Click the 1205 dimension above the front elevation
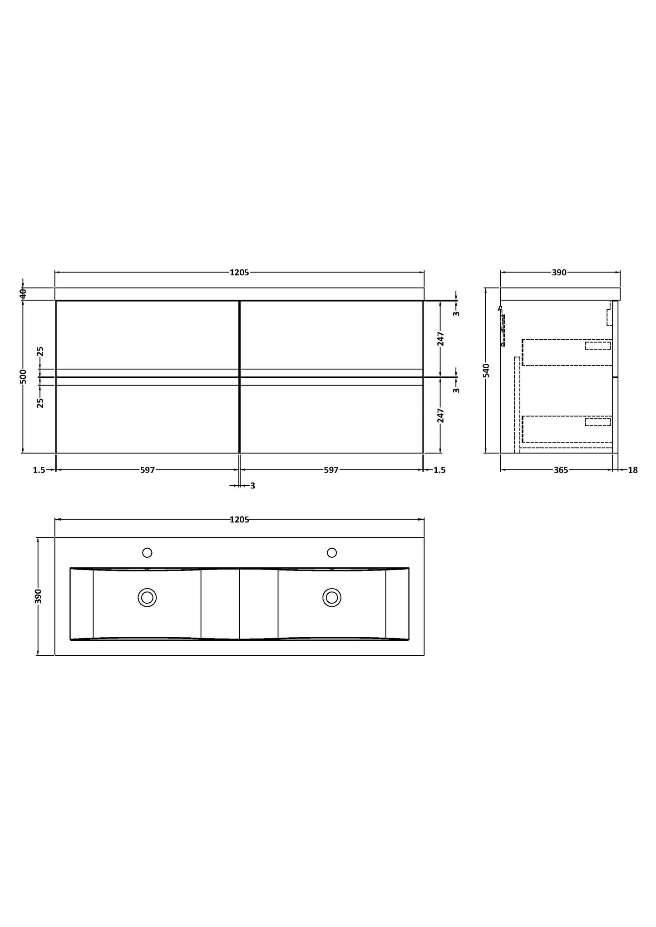[239, 273]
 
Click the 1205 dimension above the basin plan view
[239, 520]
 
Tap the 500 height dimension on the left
[23, 376]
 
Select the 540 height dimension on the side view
[486, 370]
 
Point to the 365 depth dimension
[561, 470]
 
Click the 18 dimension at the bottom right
[633, 470]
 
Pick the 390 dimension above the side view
[559, 273]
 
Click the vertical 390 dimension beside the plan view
[38, 596]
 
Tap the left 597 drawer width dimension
[148, 470]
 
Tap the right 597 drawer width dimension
[331, 470]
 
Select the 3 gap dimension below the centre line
[252, 486]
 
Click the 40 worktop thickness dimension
[23, 293]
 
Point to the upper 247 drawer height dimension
[441, 339]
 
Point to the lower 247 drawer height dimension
[441, 415]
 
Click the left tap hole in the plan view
[147, 552]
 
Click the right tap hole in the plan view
[332, 552]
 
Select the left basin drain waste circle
[147, 597]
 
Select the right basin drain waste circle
[332, 597]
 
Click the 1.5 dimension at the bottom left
[39, 470]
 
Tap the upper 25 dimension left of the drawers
[40, 351]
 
